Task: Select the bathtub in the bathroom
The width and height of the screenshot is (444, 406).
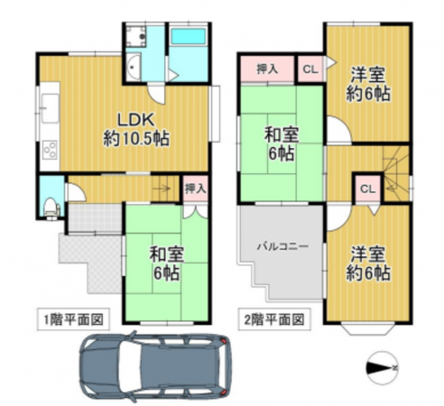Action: click(x=190, y=39)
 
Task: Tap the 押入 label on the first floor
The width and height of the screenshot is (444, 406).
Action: click(x=195, y=189)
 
